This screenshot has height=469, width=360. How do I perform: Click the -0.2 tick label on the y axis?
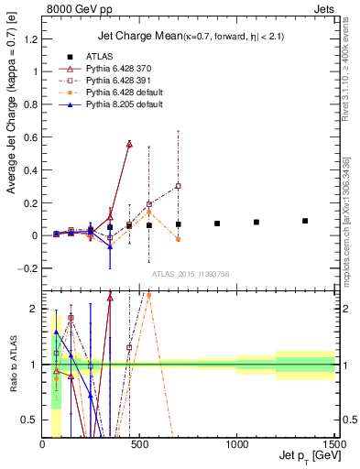click(x=27, y=268)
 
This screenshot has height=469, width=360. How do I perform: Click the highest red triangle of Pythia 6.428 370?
click(x=129, y=144)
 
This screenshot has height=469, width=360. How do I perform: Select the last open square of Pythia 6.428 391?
click(x=178, y=186)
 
